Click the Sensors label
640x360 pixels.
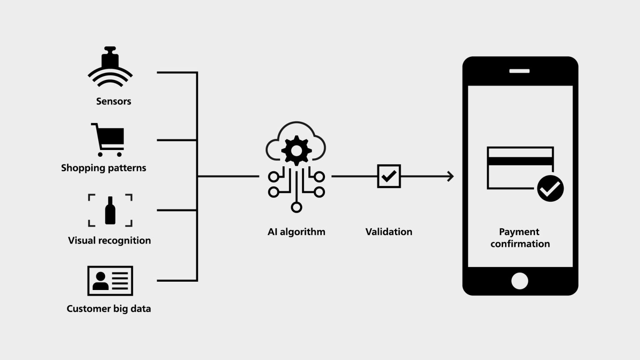point(113,101)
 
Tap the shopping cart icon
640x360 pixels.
point(108,140)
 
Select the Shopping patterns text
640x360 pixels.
point(103,168)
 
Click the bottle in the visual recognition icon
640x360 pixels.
point(110,210)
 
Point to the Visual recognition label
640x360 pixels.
point(110,240)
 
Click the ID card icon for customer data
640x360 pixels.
point(110,281)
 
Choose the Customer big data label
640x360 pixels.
point(109,309)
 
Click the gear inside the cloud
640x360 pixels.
point(296,150)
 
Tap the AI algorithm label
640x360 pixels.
point(296,232)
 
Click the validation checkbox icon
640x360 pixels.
point(389,176)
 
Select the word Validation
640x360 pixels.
point(389,232)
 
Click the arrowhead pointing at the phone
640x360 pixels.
point(450,176)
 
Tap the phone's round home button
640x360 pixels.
point(520,281)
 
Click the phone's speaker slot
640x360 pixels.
point(520,71)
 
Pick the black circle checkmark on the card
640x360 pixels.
point(550,188)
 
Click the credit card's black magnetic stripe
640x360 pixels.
point(520,161)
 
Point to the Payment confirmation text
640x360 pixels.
point(520,238)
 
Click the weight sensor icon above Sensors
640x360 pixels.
point(110,66)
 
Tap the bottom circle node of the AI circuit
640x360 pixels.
point(296,207)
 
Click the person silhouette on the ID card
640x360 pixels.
point(100,281)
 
